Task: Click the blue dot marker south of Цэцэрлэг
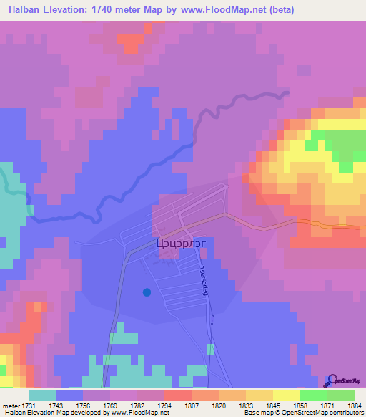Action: click(x=147, y=292)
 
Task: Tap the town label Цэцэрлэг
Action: click(x=178, y=244)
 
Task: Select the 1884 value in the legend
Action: click(x=355, y=405)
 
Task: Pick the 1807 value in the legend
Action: click(x=191, y=405)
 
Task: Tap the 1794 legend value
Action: click(x=163, y=405)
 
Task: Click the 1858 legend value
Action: click(x=300, y=405)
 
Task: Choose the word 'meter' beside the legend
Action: click(x=9, y=405)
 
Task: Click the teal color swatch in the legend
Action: click(x=42, y=395)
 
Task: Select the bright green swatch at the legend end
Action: click(x=340, y=395)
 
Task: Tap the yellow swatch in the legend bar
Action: click(x=286, y=395)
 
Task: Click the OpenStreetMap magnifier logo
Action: click(x=332, y=380)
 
